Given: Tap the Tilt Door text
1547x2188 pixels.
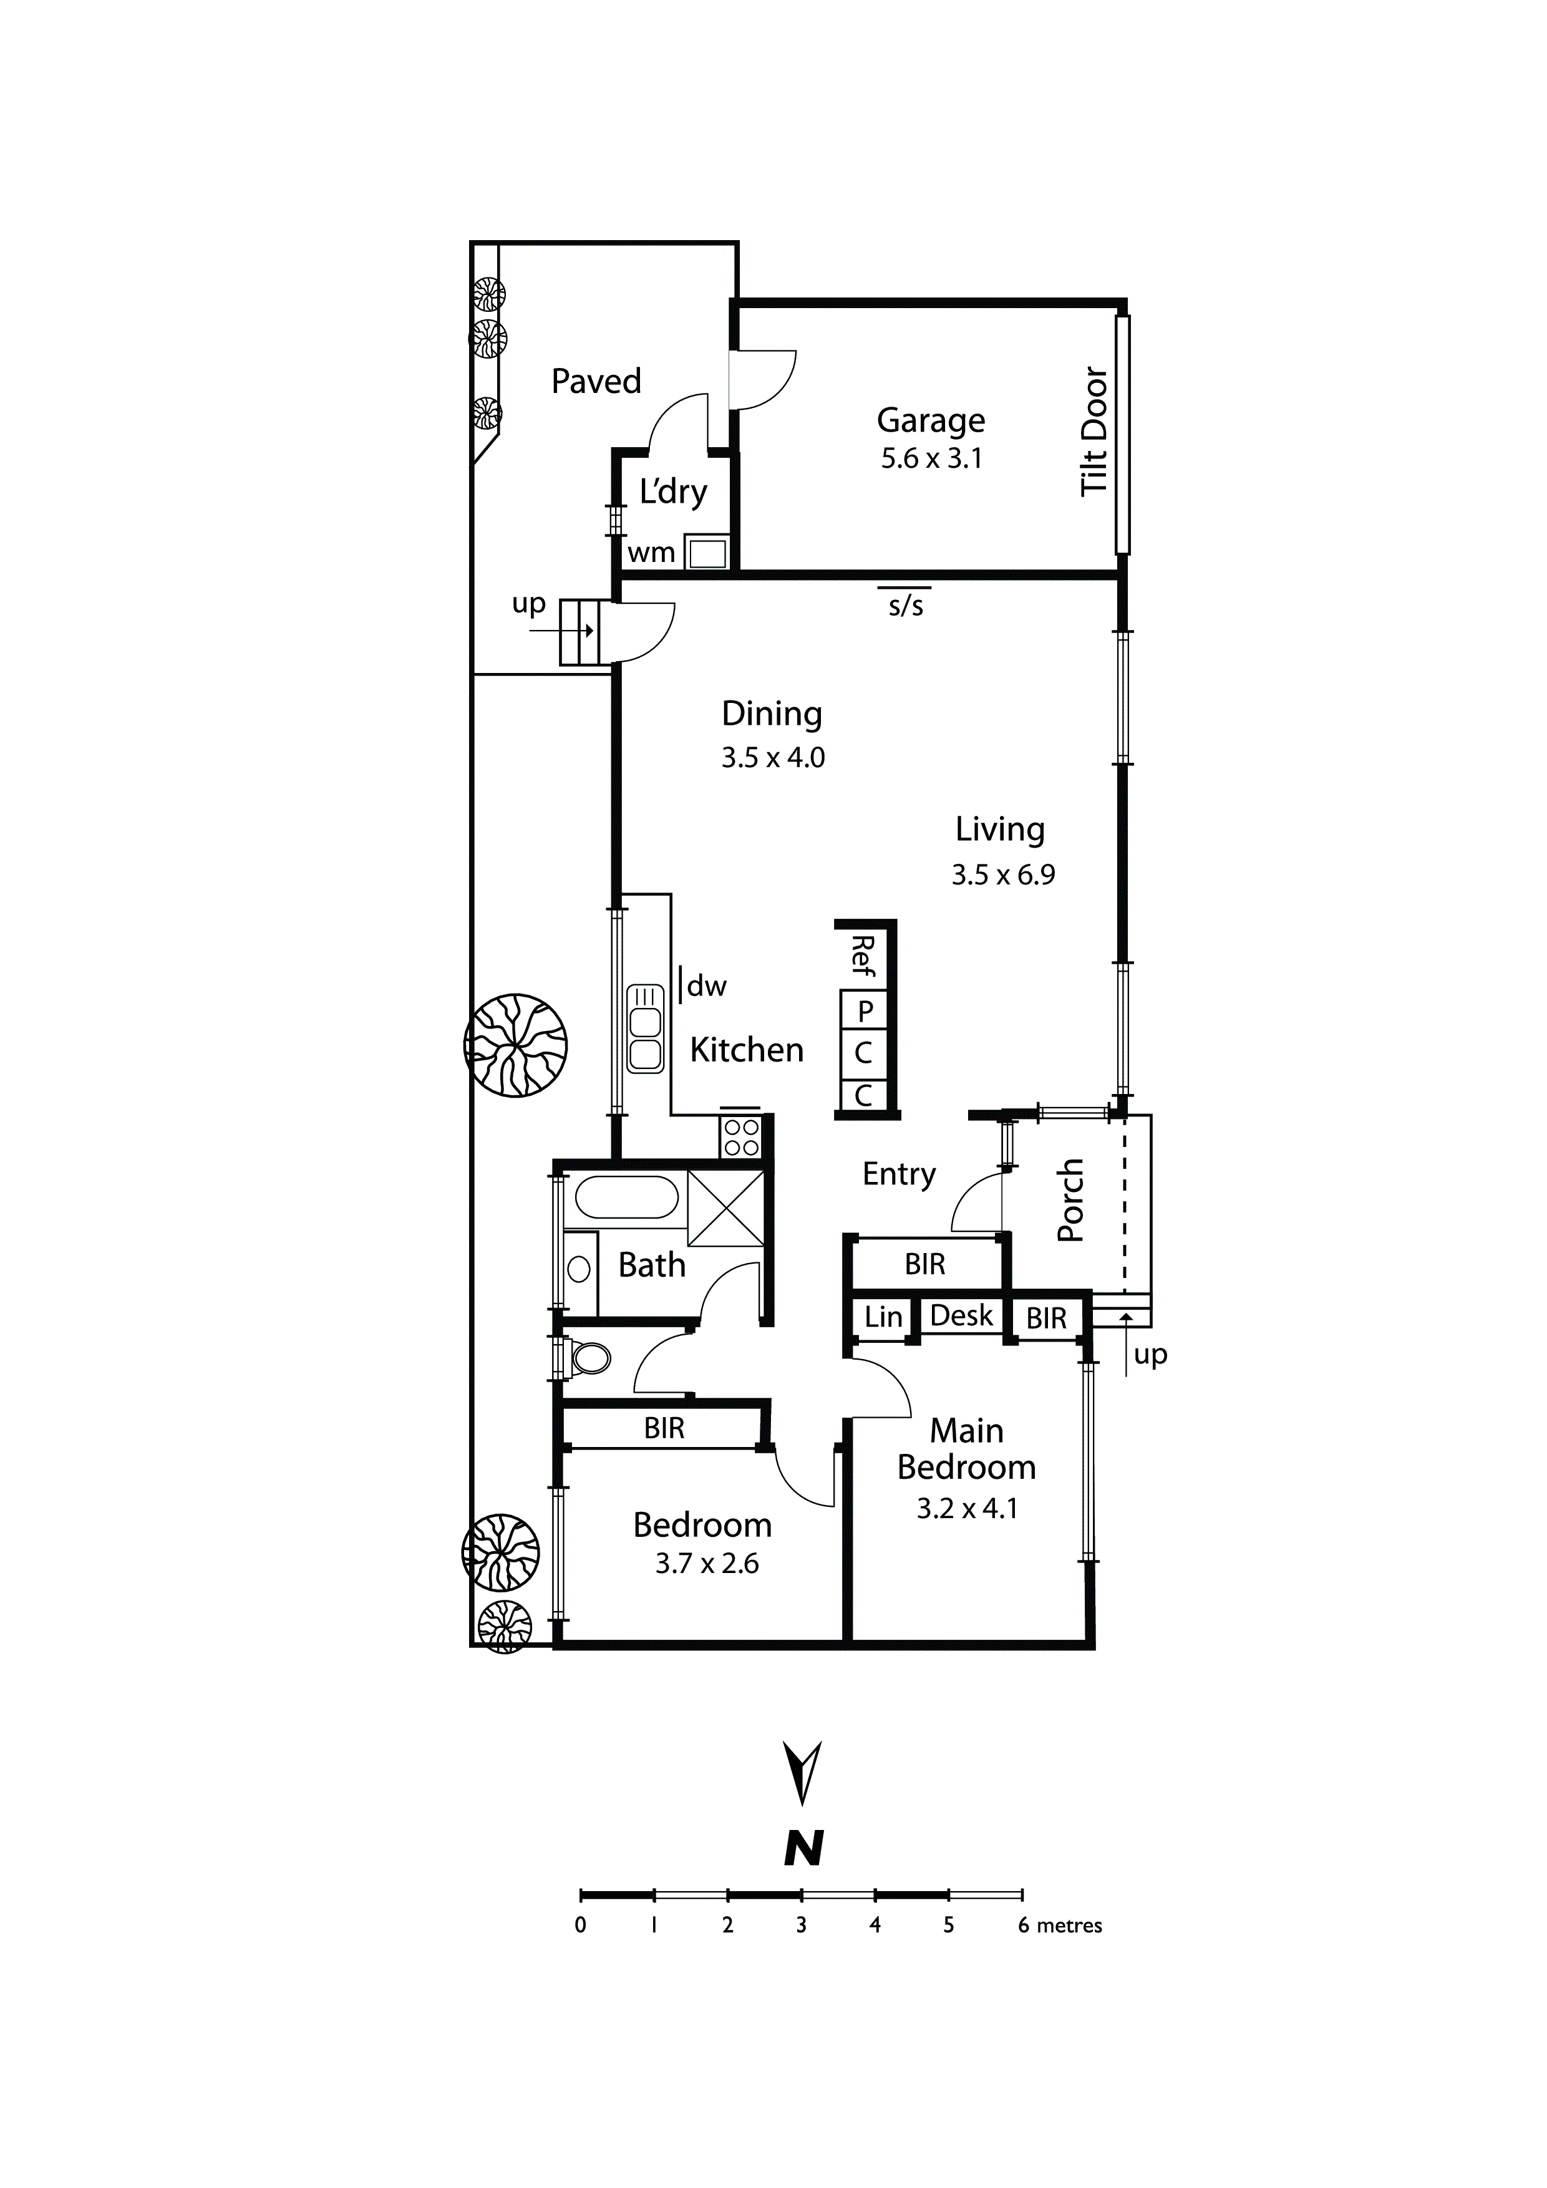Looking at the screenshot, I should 1094,431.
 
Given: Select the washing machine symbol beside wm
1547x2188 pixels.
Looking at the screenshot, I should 706,553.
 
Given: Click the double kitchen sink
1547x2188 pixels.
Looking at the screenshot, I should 645,1027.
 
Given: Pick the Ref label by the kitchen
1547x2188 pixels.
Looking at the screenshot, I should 863,955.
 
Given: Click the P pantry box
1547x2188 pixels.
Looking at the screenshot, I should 865,1010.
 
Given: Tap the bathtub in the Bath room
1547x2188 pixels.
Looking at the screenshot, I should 626,1197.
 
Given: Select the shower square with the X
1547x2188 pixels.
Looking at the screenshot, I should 726,1208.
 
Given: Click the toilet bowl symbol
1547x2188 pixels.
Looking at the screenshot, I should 590,1358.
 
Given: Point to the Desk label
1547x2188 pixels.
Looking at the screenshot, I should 961,1316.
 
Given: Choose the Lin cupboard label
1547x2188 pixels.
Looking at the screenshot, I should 883,1317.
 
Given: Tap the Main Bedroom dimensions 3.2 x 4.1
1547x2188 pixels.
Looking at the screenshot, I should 966,1509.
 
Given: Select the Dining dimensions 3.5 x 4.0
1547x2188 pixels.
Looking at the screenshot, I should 772,758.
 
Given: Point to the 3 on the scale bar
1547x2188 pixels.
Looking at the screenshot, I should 801,1925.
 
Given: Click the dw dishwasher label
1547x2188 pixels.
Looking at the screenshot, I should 706,986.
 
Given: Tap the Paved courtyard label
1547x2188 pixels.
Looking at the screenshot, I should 596,381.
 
